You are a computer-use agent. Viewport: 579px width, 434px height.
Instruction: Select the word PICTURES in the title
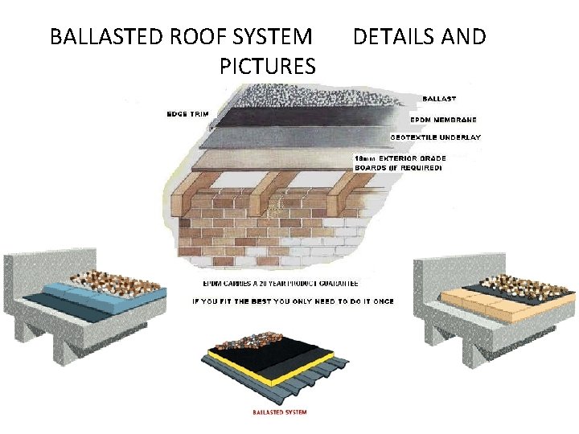pos(267,66)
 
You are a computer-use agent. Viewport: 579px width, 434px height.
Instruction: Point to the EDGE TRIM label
pos(187,114)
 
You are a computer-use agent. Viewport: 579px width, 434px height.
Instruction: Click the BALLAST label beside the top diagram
pos(438,98)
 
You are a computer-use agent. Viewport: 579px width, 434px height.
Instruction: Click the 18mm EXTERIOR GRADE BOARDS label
pos(400,163)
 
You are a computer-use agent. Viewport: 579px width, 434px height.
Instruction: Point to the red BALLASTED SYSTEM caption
pos(280,412)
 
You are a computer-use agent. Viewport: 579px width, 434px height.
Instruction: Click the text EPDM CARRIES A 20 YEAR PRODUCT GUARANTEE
pos(280,283)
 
